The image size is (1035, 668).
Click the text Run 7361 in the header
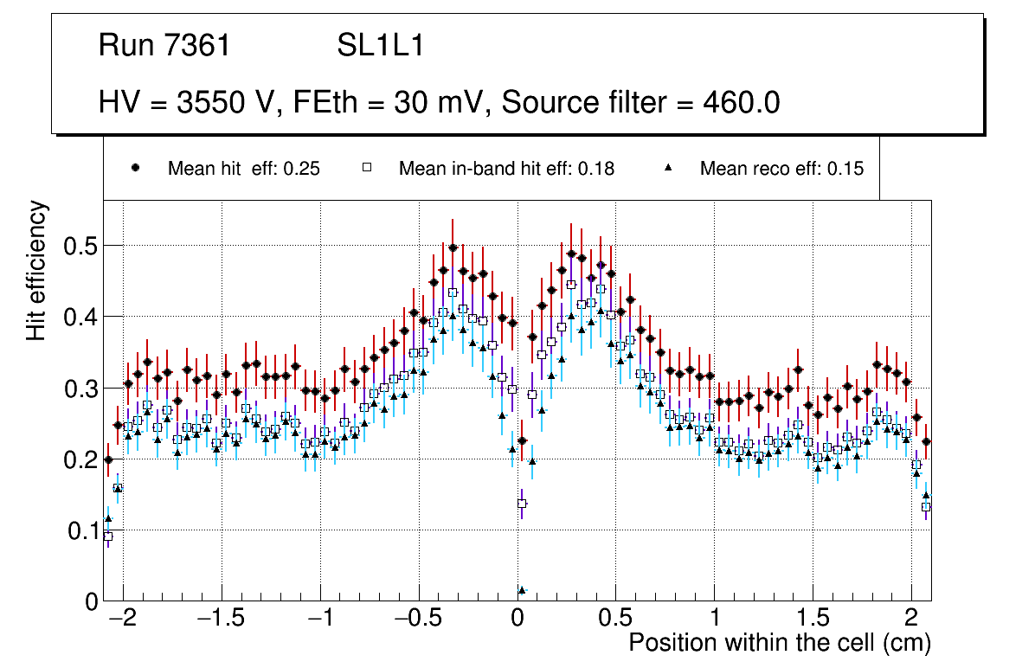coord(164,46)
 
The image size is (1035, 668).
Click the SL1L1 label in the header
coord(380,46)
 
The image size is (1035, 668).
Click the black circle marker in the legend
coord(135,169)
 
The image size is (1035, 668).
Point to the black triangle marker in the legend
coord(667,169)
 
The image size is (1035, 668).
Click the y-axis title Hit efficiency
coord(36,270)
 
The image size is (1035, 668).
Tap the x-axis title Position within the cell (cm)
coord(779,644)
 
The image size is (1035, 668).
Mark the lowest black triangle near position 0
coord(522,591)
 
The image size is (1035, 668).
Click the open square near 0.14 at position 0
coord(522,504)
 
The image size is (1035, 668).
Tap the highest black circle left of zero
coord(453,248)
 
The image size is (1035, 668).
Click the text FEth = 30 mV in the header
coord(389,103)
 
